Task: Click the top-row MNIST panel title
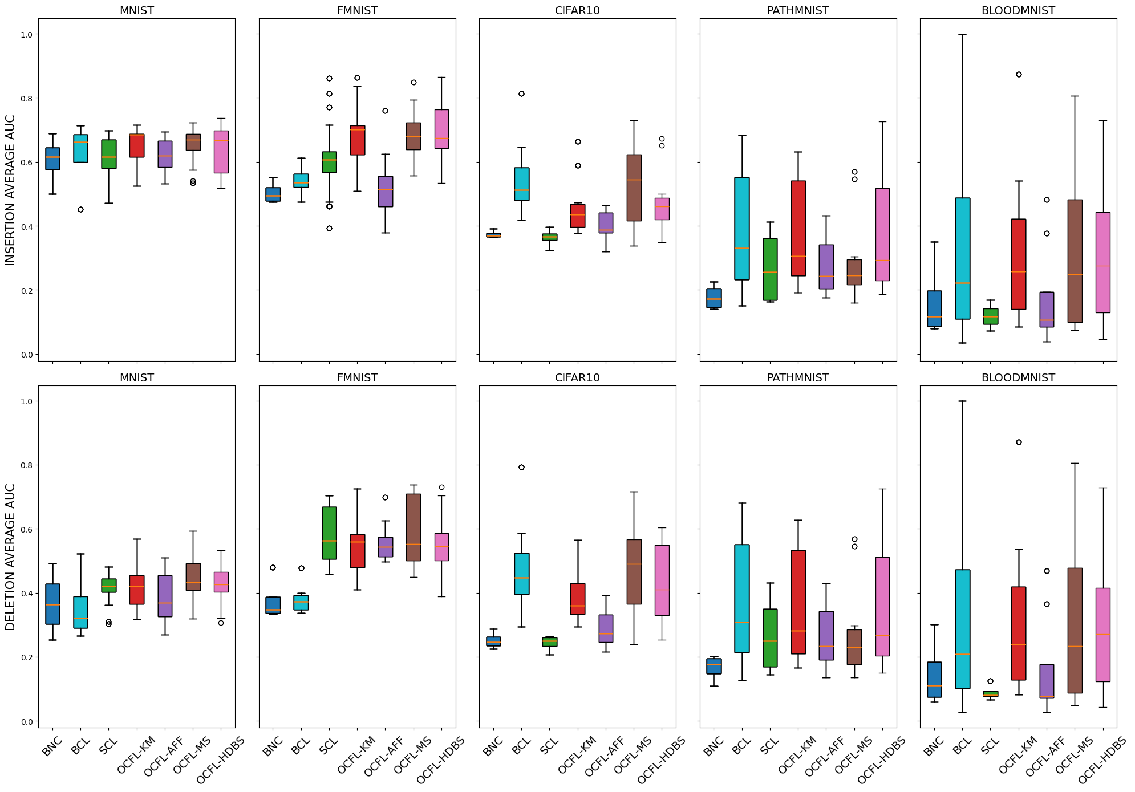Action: (136, 11)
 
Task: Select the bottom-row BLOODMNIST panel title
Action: (1018, 378)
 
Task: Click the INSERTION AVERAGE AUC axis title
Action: (10, 190)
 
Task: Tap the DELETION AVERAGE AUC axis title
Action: (10, 557)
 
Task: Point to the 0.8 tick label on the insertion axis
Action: (26, 98)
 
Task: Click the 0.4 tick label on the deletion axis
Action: (26, 594)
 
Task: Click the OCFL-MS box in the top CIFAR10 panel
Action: (634, 188)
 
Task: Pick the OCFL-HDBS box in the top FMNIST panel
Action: (441, 129)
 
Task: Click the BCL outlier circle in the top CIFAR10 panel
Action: (521, 94)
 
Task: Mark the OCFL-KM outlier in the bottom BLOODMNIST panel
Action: (1019, 442)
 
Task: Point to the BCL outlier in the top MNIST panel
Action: (80, 209)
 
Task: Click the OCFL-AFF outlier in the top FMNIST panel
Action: (385, 111)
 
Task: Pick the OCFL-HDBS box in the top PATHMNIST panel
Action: (882, 234)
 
